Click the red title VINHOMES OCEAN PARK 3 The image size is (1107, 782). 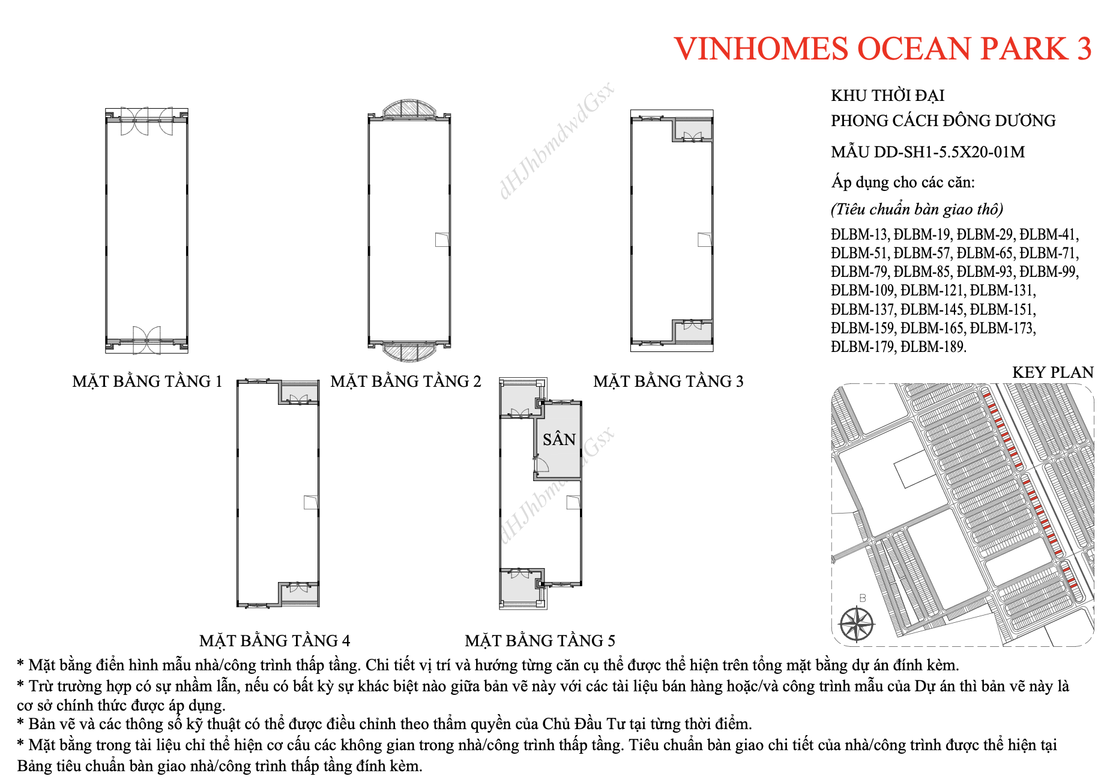tap(882, 49)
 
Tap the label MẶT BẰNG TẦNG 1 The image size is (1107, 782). tap(147, 381)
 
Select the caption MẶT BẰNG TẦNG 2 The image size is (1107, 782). tap(406, 381)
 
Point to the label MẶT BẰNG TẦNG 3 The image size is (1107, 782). tap(668, 381)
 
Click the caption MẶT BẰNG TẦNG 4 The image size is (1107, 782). tap(274, 641)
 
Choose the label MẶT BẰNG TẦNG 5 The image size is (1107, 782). tap(540, 641)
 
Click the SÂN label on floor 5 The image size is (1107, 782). tap(559, 440)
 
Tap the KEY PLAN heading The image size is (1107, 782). tap(1053, 372)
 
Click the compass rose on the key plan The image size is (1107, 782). tap(857, 624)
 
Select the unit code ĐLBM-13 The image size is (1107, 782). tap(859, 234)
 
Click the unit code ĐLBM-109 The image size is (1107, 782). tap(863, 290)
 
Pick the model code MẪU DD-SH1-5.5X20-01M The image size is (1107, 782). tap(928, 152)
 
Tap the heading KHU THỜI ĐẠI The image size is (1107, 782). tap(887, 95)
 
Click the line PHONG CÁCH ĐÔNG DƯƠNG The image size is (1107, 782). tap(943, 121)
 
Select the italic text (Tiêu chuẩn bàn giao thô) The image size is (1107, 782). tap(917, 209)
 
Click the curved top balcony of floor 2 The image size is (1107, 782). tap(409, 109)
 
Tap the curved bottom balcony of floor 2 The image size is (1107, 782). tap(409, 352)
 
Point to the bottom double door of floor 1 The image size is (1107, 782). tap(147, 340)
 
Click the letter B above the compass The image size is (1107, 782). tap(863, 598)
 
